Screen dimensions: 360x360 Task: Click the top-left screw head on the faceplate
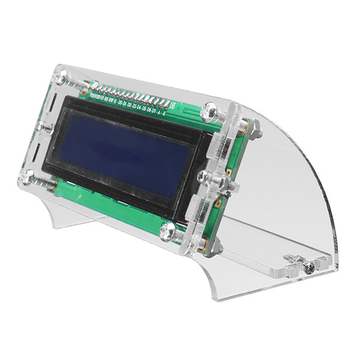point(61,76)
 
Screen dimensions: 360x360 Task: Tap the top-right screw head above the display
point(211,110)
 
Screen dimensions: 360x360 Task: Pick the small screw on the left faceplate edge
point(42,127)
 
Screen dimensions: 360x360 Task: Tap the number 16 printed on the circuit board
point(173,106)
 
